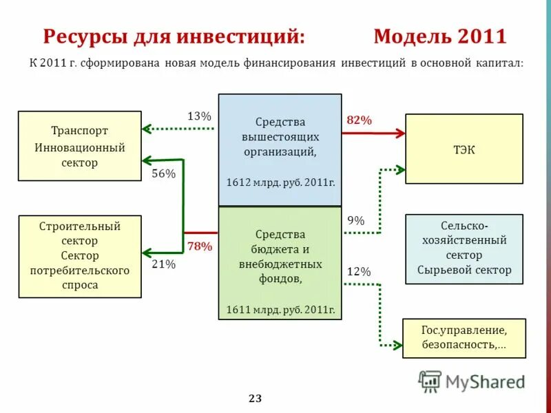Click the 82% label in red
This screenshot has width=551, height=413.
pyautogui.click(x=359, y=120)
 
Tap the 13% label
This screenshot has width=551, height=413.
pyautogui.click(x=199, y=116)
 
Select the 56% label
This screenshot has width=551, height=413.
pyautogui.click(x=163, y=174)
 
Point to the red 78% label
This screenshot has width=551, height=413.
pyautogui.click(x=200, y=246)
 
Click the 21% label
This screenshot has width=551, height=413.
pyautogui.click(x=163, y=264)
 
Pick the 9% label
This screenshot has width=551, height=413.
pyautogui.click(x=356, y=220)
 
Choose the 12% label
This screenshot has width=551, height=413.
pyautogui.click(x=359, y=272)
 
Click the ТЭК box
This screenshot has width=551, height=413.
pyautogui.click(x=464, y=149)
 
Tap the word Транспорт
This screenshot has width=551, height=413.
pyautogui.click(x=79, y=130)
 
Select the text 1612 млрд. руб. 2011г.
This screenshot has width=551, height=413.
pyautogui.click(x=280, y=182)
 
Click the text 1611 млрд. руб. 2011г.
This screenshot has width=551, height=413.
pyautogui.click(x=280, y=310)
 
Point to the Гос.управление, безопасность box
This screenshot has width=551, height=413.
pyautogui.click(x=464, y=338)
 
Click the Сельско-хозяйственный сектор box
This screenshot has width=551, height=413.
pyautogui.click(x=464, y=248)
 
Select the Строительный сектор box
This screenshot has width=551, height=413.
pyautogui.click(x=79, y=256)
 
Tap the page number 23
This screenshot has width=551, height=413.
pyautogui.click(x=255, y=399)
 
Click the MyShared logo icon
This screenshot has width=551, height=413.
pyautogui.click(x=430, y=381)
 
